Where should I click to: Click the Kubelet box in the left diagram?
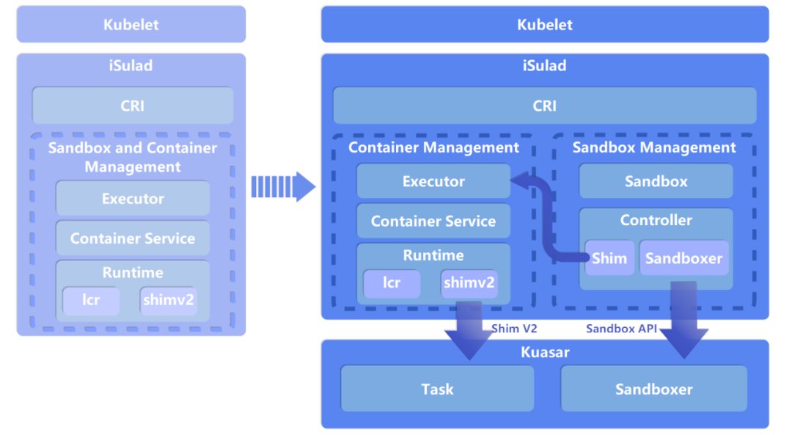[131, 24]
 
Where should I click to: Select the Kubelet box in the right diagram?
[545, 24]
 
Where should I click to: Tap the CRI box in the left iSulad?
[133, 106]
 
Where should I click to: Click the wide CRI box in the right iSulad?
[545, 106]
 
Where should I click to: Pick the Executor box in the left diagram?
[133, 198]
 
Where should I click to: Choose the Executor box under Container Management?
[433, 181]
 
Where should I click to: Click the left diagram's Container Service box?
[133, 238]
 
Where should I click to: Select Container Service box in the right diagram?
[433, 221]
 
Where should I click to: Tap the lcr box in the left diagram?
[91, 300]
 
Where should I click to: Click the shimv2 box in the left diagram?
[169, 300]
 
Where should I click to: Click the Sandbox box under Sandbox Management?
[656, 181]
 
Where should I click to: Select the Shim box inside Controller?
[610, 258]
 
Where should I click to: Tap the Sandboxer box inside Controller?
[684, 258]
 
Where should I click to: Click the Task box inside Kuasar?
[437, 389]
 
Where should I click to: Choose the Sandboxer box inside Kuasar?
[654, 389]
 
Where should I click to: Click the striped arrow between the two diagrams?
[282, 186]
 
